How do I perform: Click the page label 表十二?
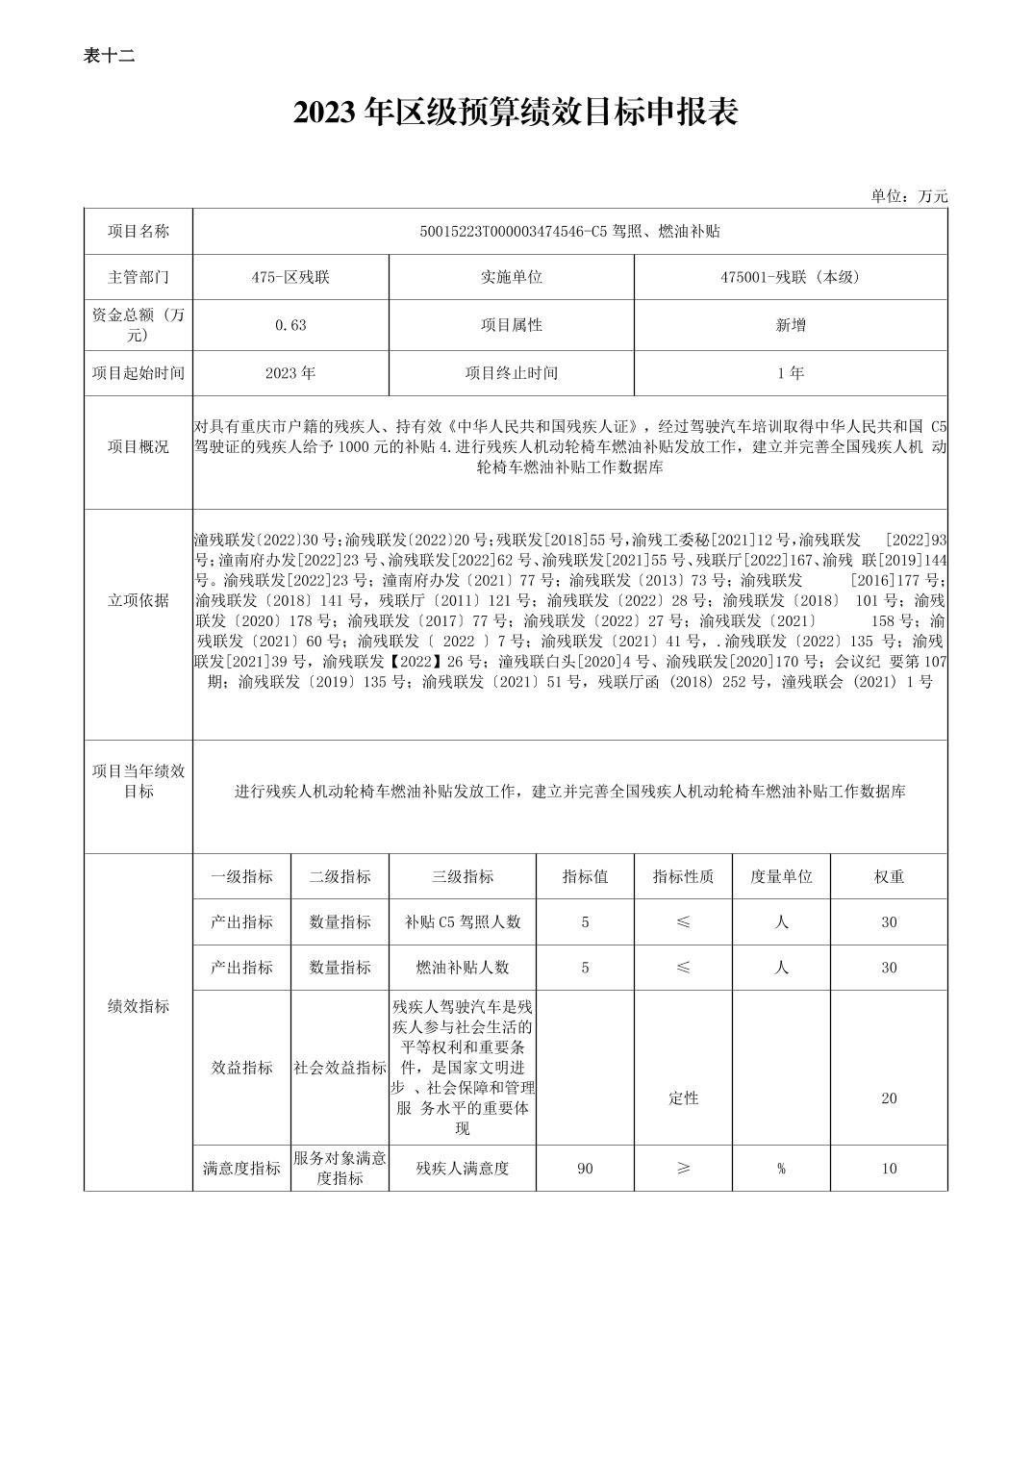click(x=109, y=56)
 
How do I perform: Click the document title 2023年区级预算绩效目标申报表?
click(x=516, y=113)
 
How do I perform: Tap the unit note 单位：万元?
click(x=909, y=196)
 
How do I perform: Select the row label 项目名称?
click(x=139, y=232)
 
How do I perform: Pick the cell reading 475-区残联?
click(x=290, y=277)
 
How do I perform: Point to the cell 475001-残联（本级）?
click(x=791, y=277)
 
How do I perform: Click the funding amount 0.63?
click(x=290, y=325)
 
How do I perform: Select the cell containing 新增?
click(x=791, y=325)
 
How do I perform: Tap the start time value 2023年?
click(x=290, y=373)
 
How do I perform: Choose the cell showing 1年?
click(x=791, y=373)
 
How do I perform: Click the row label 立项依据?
click(x=139, y=600)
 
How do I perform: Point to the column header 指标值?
click(x=585, y=876)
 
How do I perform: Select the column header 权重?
click(x=889, y=876)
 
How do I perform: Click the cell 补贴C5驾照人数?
click(x=463, y=921)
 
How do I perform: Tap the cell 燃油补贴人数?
click(x=463, y=968)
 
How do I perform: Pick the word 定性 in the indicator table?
click(x=683, y=1098)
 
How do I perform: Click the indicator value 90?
click(x=585, y=1169)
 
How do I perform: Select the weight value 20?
click(x=889, y=1098)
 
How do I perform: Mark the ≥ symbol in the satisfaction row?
click(x=683, y=1169)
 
